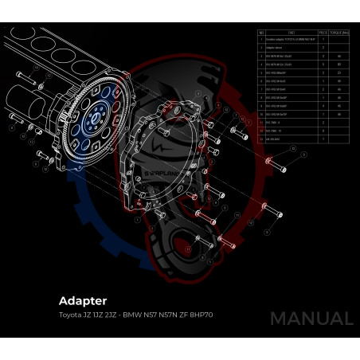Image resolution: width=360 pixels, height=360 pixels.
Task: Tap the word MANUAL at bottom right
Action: (311, 319)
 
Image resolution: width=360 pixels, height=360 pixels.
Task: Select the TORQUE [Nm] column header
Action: (339, 33)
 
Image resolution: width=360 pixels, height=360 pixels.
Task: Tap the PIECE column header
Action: (322, 33)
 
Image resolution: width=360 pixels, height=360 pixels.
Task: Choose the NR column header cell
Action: (261, 33)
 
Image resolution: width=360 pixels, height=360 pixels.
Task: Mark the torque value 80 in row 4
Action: (339, 65)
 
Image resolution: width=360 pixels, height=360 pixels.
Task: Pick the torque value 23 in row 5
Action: (339, 72)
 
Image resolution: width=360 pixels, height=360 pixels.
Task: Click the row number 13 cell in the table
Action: (261, 138)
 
